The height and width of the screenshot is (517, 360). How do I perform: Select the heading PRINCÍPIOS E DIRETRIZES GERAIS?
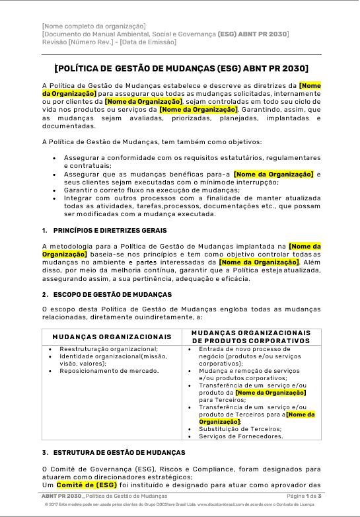(x=109, y=230)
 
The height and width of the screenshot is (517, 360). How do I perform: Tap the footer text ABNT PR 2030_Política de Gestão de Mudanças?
(x=104, y=495)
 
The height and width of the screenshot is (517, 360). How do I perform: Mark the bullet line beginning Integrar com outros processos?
(x=192, y=198)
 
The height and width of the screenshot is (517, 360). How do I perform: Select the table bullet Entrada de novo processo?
(x=244, y=348)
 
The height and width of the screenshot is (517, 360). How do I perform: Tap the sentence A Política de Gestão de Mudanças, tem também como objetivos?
(x=151, y=141)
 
